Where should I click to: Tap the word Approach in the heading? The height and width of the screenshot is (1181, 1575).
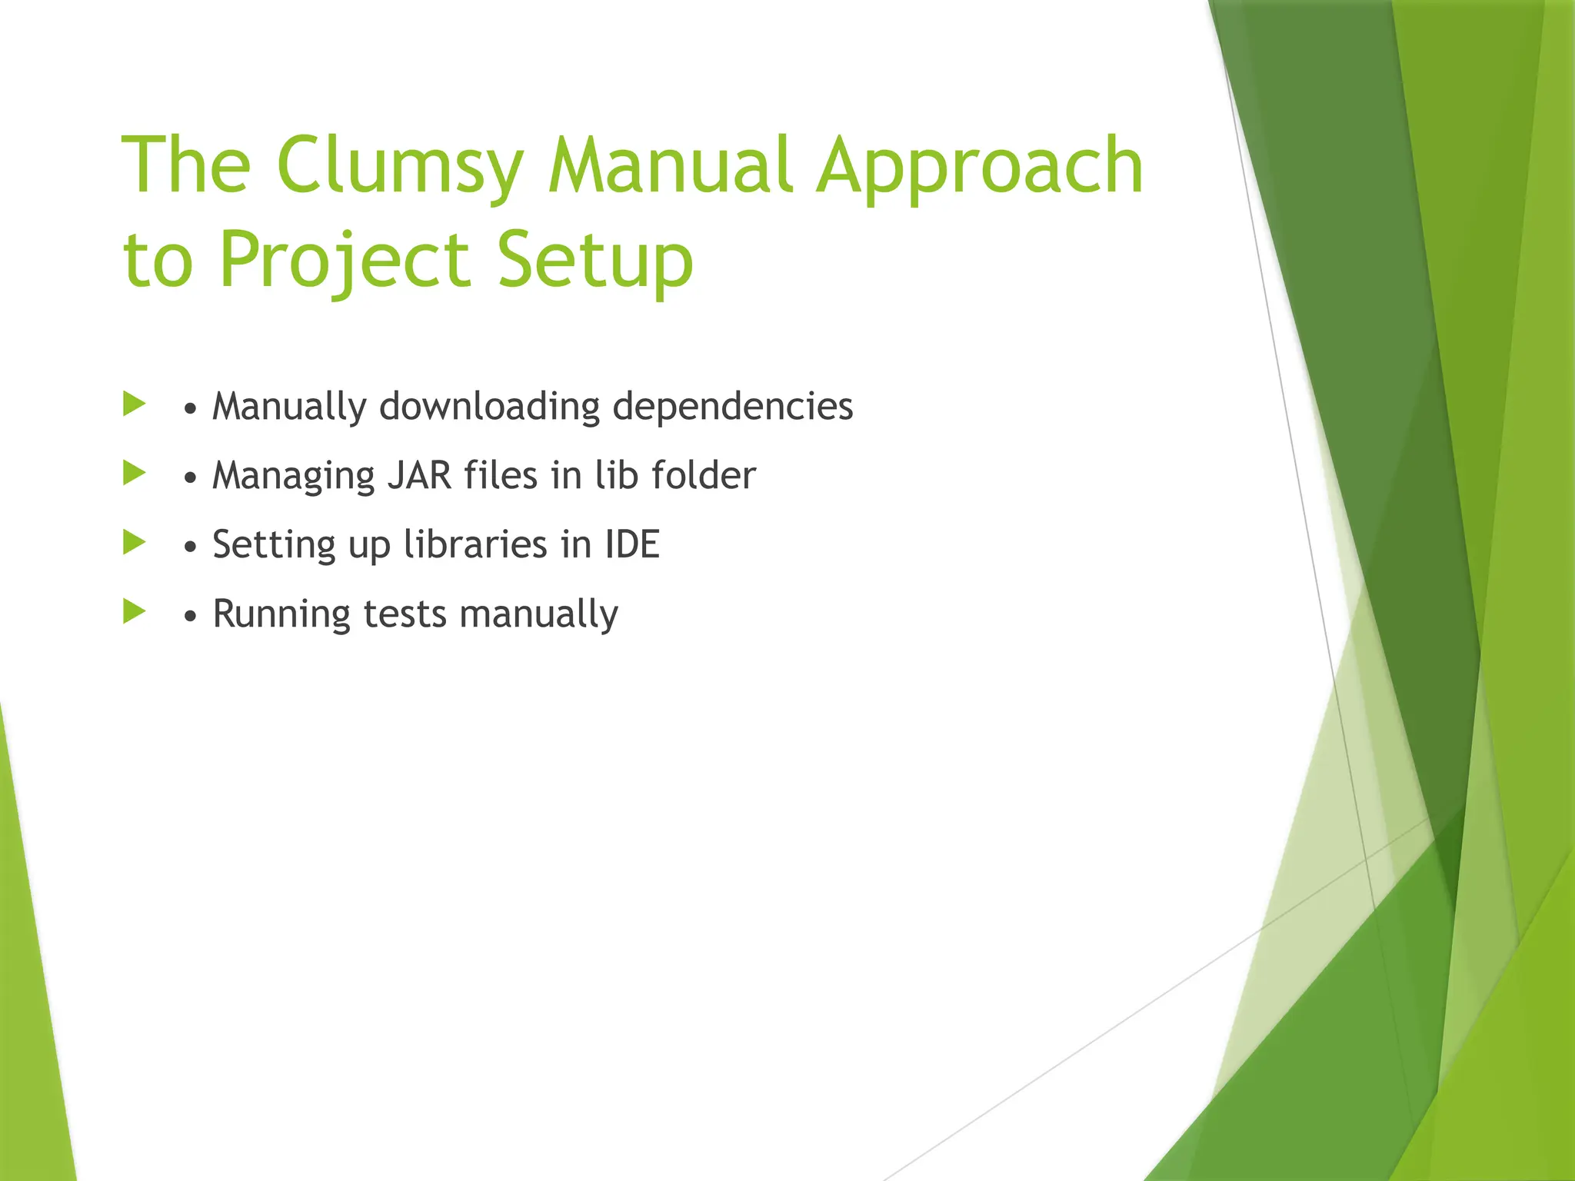tap(980, 166)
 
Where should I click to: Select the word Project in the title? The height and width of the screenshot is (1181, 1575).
tap(344, 260)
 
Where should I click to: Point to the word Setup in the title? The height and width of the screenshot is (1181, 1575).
tap(595, 260)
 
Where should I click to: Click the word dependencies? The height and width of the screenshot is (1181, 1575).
tap(732, 406)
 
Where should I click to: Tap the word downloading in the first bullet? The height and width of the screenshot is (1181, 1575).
tap(489, 406)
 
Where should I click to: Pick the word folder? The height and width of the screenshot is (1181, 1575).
tap(704, 475)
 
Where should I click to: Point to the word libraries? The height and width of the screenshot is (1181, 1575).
tap(475, 544)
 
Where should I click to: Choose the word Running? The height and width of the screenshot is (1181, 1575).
tap(281, 614)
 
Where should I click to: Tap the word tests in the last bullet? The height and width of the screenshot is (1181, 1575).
tap(405, 614)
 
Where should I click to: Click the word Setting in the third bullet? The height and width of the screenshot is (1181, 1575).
tap(274, 544)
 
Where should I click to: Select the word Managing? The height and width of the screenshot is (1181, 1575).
tap(293, 475)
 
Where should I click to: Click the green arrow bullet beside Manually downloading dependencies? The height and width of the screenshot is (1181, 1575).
tap(134, 404)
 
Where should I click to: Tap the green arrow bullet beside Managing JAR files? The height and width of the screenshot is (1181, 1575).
tap(134, 473)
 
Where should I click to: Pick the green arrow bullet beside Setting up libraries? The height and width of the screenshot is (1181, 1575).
tap(134, 542)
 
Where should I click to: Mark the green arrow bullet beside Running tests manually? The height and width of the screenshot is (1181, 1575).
tap(134, 611)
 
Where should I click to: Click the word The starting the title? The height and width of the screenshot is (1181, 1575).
tap(186, 166)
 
